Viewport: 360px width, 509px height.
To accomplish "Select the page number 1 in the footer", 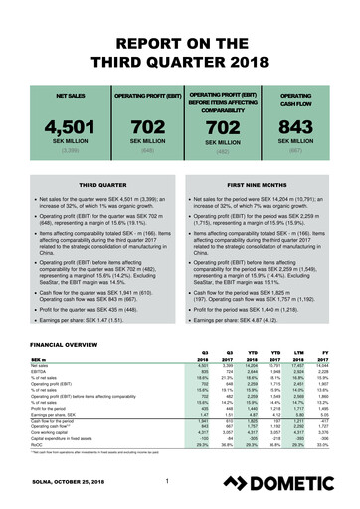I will click(x=170, y=483).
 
